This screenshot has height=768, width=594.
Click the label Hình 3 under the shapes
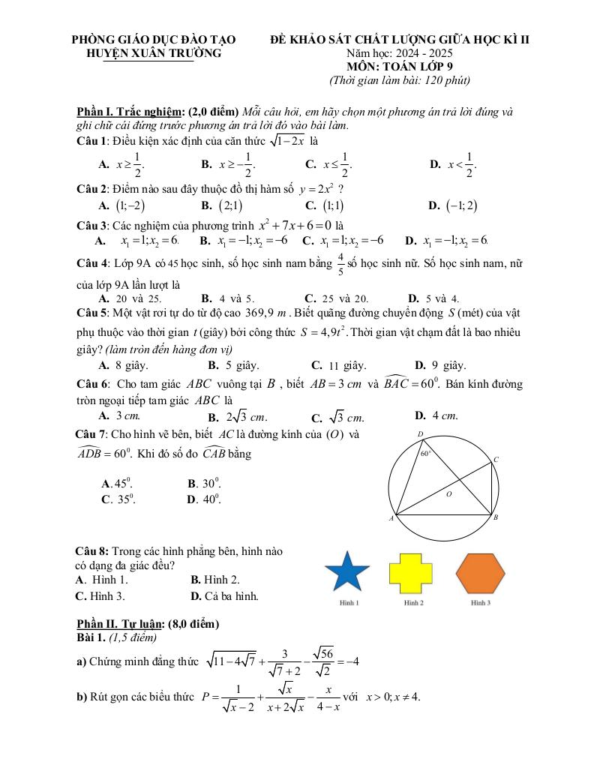480,602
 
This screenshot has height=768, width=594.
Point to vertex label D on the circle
420,434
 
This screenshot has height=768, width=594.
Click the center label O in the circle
450,495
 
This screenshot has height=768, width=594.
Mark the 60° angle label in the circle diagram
425,453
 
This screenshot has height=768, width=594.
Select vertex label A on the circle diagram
391,519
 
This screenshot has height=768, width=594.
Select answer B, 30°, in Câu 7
204,484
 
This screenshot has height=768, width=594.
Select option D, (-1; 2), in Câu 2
454,206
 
